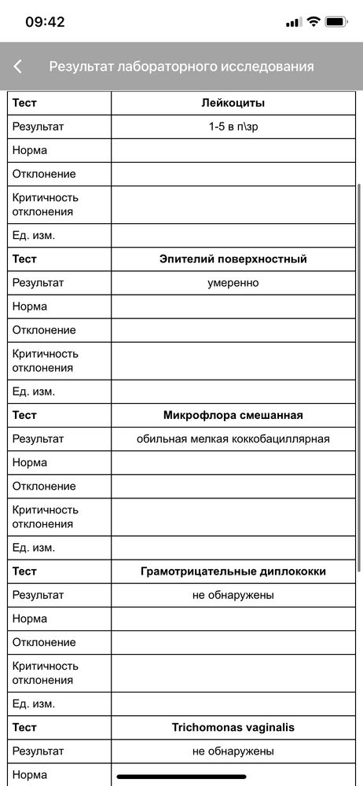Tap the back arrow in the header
click(x=18, y=67)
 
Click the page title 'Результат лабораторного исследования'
click(x=181, y=67)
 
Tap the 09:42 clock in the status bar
click(x=45, y=22)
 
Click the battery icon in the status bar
click(x=337, y=22)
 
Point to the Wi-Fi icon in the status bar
click(x=313, y=22)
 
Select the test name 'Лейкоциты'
click(x=233, y=103)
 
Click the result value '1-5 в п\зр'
click(x=233, y=127)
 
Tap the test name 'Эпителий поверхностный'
click(x=233, y=259)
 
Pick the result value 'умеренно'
click(x=233, y=283)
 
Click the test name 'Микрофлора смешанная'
click(x=233, y=415)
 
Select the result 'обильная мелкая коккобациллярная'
click(x=233, y=439)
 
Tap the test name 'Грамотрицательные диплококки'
click(x=233, y=571)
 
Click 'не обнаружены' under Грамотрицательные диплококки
click(x=233, y=595)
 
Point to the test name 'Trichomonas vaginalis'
click(x=233, y=728)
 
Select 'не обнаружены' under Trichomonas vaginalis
click(x=233, y=751)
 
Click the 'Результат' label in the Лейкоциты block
click(x=38, y=127)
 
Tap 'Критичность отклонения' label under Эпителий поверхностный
click(x=46, y=361)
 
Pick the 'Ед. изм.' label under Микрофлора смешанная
click(x=34, y=548)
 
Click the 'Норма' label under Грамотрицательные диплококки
click(x=30, y=619)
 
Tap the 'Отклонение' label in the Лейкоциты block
click(x=44, y=174)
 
